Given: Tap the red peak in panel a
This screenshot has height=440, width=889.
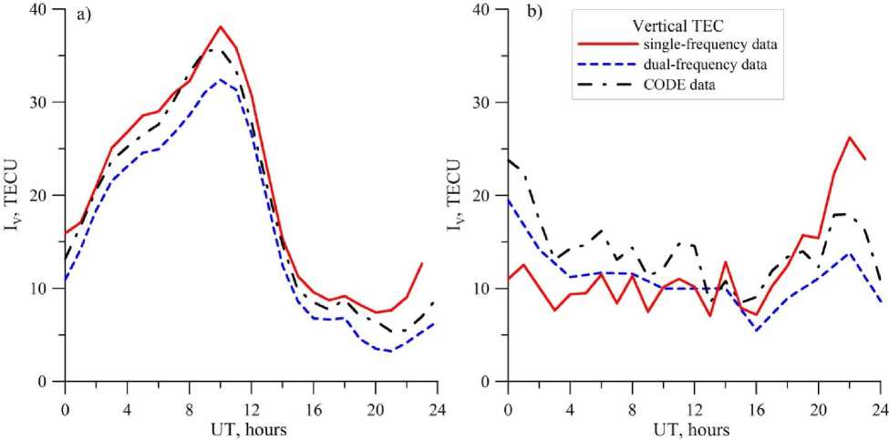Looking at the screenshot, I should [220, 27].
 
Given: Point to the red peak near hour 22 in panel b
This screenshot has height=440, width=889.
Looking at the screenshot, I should [849, 138].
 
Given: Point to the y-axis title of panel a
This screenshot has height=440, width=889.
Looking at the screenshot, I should [16, 195].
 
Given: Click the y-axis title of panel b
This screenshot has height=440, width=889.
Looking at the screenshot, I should [459, 195].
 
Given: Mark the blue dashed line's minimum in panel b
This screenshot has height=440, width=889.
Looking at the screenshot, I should [755, 330].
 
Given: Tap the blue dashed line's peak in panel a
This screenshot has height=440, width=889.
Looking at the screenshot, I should [220, 79].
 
